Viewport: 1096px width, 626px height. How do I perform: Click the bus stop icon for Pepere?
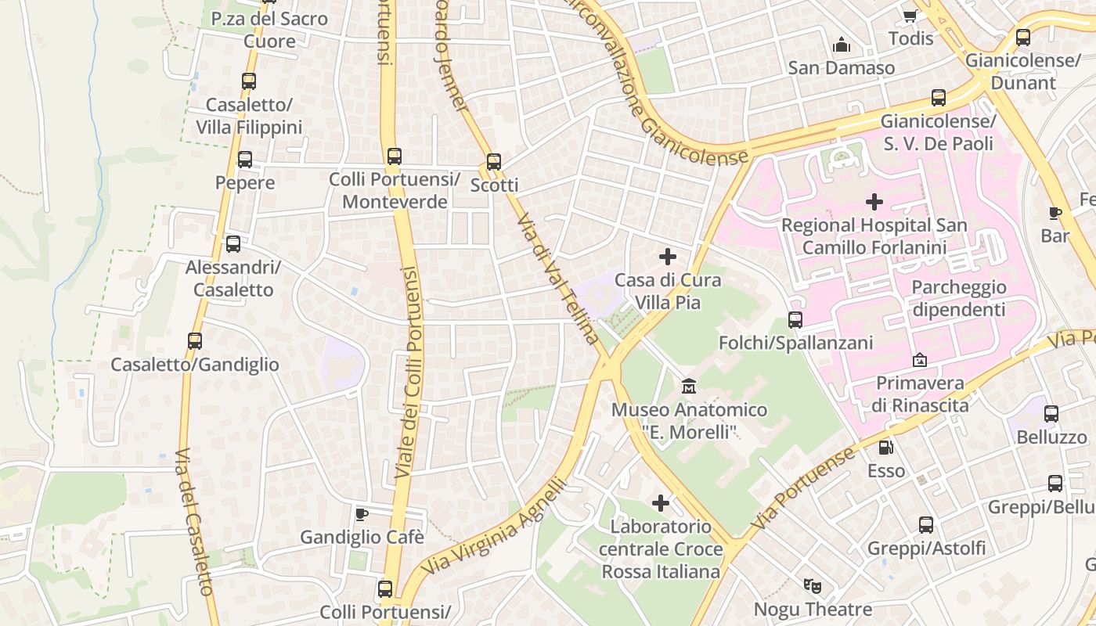coord(245,160)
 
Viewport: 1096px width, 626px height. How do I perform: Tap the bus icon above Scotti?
coord(493,162)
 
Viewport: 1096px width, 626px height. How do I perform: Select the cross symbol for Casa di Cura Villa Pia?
coord(668,257)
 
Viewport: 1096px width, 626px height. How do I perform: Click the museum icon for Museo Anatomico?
coord(689,386)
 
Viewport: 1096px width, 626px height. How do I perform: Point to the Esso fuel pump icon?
coord(885,448)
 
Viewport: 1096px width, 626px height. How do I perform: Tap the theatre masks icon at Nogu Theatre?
coord(813,585)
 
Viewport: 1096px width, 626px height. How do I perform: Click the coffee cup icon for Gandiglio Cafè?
coord(361,514)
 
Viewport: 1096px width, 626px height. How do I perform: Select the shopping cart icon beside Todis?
coord(910,16)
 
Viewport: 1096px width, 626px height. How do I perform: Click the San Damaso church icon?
coord(842,45)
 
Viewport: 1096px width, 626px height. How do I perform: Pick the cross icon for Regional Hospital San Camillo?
coord(874,202)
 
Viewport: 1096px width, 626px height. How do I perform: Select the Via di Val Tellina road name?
coord(558,279)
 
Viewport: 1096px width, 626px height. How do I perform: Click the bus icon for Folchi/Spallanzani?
coord(795,319)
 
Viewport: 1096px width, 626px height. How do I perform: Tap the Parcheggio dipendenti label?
coord(958,298)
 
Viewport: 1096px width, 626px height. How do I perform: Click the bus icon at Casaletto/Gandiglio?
coord(195,341)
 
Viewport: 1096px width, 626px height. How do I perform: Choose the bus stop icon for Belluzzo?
coord(1051,414)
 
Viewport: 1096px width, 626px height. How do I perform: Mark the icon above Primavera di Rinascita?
coord(920,361)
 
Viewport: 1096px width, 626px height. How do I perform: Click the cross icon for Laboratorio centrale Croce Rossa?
coord(661,502)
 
